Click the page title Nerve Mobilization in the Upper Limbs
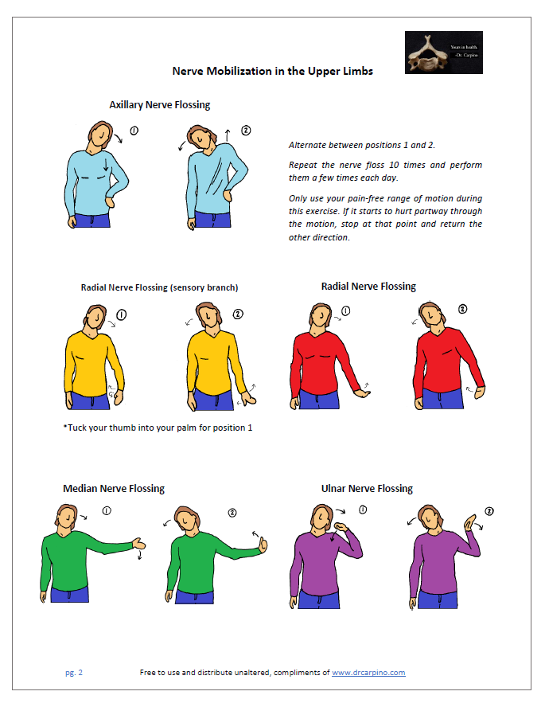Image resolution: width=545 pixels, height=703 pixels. point(272,71)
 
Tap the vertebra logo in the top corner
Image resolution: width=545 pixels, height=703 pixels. point(443,53)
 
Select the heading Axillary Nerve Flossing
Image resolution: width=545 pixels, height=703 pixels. point(159,104)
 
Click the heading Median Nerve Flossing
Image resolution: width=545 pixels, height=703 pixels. point(113,488)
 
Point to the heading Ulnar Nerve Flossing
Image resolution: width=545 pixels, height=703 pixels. point(367,488)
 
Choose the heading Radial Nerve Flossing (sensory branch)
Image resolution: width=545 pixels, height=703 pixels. point(159,287)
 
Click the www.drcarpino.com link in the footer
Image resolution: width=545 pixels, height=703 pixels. point(368,673)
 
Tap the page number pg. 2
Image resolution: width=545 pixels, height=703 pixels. point(73,673)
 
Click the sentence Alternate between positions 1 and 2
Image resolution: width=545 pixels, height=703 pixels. point(361,145)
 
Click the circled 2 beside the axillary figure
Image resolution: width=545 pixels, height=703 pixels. point(246,130)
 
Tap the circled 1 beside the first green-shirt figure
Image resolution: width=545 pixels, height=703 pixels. point(107,510)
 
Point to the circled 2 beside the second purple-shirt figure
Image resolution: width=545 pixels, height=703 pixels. point(489,510)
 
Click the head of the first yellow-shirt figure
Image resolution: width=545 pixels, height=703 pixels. point(95,318)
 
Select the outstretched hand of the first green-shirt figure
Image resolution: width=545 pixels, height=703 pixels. point(139,544)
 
